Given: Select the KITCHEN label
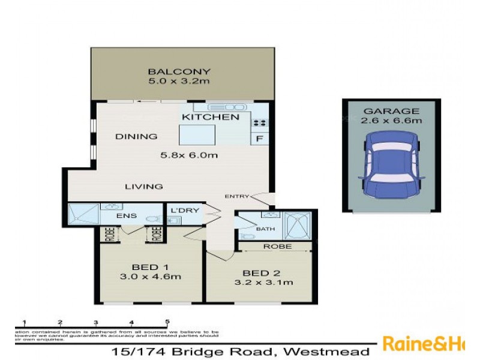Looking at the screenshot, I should click(211, 117).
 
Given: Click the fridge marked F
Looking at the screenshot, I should click(260, 138).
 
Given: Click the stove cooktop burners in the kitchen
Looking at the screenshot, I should click(260, 122).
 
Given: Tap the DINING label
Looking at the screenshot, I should click(136, 136).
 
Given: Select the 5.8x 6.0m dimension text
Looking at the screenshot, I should click(188, 155).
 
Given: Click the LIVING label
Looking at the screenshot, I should click(144, 187).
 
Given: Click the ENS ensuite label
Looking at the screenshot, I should click(130, 215).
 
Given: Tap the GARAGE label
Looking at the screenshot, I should click(391, 112).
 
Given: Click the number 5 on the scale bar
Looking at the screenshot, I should click(167, 322).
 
